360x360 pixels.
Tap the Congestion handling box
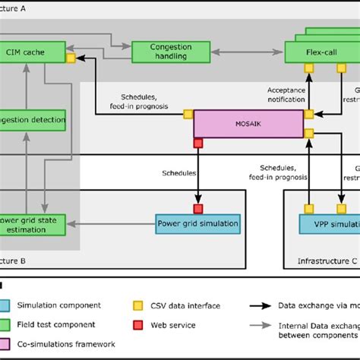coord(162,52)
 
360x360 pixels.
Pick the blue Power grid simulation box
coord(197,223)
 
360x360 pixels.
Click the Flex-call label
coord(311,54)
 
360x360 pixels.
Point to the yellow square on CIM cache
coord(70,58)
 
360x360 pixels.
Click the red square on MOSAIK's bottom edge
coord(198,142)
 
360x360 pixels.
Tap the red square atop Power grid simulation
coord(198,208)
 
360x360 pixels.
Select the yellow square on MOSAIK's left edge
coord(188,115)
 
